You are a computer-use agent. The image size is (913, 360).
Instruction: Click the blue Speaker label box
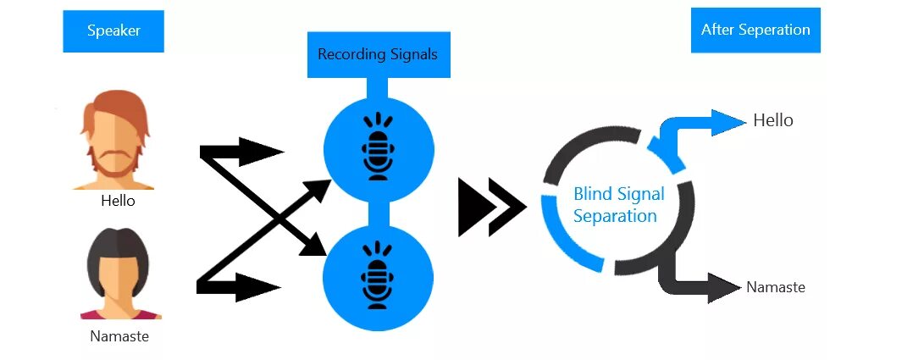[x=113, y=31]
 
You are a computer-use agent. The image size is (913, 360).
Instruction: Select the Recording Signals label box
[x=378, y=55]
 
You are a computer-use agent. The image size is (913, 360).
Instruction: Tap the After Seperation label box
[x=755, y=30]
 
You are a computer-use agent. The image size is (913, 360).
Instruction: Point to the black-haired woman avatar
[x=119, y=273]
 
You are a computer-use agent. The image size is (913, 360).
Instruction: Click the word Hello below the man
[x=118, y=202]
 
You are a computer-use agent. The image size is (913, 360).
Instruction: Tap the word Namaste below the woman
[x=119, y=336]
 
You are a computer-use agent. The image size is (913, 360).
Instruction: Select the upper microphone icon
[x=379, y=147]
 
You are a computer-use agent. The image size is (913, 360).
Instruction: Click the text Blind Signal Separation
[x=618, y=205]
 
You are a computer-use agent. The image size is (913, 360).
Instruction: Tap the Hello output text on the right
[x=772, y=121]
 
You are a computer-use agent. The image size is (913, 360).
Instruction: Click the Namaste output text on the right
[x=775, y=287]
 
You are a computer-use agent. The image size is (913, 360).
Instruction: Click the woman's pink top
[x=119, y=314]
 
